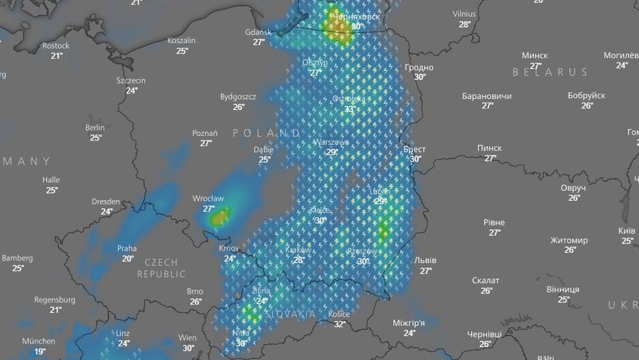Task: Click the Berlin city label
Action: click(95, 128)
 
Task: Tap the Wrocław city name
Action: click(208, 199)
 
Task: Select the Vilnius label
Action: click(464, 14)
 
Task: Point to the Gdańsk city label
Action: click(258, 32)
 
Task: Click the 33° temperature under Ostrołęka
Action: click(349, 109)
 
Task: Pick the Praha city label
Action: click(127, 249)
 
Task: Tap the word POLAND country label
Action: click(266, 133)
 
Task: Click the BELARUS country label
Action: click(550, 72)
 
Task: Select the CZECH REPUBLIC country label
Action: click(161, 268)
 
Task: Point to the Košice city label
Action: click(339, 314)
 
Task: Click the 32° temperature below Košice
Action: click(339, 324)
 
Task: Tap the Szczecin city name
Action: click(131, 81)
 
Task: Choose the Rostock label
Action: click(56, 46)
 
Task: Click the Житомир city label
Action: click(569, 240)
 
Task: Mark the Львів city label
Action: click(425, 261)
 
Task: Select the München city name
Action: click(39, 341)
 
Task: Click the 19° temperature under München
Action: click(40, 351)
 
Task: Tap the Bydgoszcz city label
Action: click(238, 97)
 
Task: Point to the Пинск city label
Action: click(489, 148)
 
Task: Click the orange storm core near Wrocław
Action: click(218, 218)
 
